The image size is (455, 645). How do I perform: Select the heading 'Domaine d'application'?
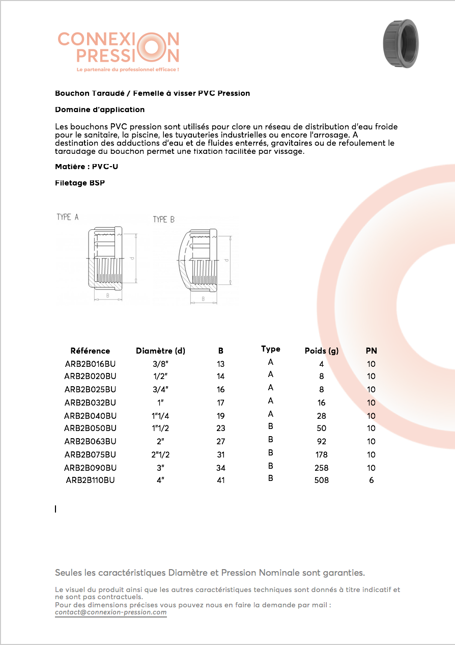(x=100, y=110)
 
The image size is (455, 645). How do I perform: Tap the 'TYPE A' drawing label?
(x=67, y=217)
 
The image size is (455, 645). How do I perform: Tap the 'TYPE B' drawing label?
(x=163, y=220)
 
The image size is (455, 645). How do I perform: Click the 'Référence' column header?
(x=90, y=351)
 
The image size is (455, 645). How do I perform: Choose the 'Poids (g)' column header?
(x=321, y=351)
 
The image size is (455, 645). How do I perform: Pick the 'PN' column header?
(x=371, y=351)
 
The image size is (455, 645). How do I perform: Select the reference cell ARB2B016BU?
(x=90, y=364)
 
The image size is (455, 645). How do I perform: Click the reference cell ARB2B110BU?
(x=90, y=480)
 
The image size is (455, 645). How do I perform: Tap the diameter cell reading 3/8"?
(x=160, y=364)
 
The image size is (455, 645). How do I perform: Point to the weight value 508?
(x=321, y=480)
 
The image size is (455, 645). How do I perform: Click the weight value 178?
(x=321, y=454)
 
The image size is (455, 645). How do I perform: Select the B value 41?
(x=220, y=480)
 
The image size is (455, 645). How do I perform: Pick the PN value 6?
(x=371, y=480)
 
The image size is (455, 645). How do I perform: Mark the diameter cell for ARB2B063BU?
(x=160, y=441)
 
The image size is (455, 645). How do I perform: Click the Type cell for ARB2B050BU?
(x=270, y=426)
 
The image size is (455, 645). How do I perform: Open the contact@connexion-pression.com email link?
(x=111, y=612)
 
